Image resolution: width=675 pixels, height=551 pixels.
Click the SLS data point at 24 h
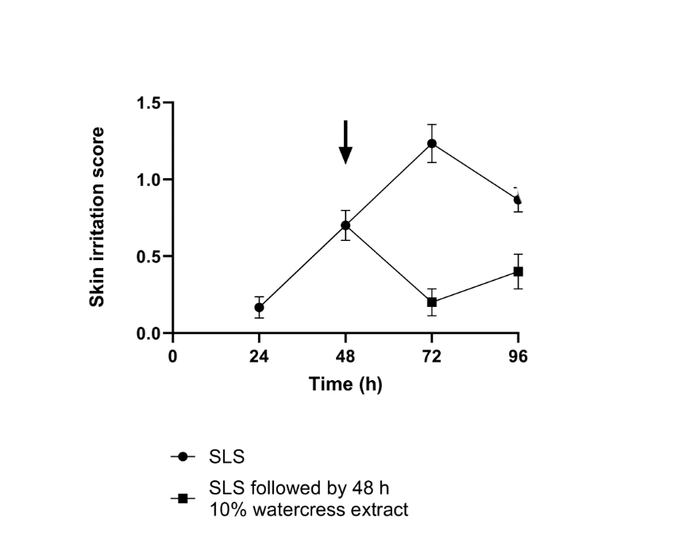[x=259, y=308]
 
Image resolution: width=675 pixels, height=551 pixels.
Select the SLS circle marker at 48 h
[x=345, y=225]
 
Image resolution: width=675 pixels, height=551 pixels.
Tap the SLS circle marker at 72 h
[x=432, y=144]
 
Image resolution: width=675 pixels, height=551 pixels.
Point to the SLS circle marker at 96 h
[x=518, y=200]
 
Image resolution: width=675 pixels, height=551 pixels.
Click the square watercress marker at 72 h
[x=432, y=302]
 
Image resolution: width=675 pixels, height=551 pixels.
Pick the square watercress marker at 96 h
[x=519, y=272]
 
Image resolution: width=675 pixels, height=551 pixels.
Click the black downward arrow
[x=345, y=143]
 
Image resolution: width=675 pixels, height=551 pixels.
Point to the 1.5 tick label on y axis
[x=147, y=103]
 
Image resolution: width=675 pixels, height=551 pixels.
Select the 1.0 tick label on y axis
[x=147, y=180]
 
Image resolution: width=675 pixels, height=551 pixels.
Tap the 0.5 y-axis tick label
[x=147, y=257]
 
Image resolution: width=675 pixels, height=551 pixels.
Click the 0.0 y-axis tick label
[x=147, y=334]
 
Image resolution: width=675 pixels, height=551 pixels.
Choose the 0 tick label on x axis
[x=172, y=355]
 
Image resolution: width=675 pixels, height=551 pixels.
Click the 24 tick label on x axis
[x=259, y=355]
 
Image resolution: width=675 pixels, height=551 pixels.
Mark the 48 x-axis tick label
[x=345, y=355]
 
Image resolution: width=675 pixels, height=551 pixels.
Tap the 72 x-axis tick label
[x=432, y=355]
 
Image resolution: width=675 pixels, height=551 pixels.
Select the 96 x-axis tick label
[x=519, y=355]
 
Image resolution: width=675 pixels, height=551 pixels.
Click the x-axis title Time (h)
[x=345, y=385]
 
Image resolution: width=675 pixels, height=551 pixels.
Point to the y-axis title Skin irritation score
[x=97, y=217]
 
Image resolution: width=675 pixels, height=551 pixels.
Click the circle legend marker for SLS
[x=183, y=457]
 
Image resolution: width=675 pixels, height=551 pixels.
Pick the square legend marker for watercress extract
[x=183, y=499]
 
